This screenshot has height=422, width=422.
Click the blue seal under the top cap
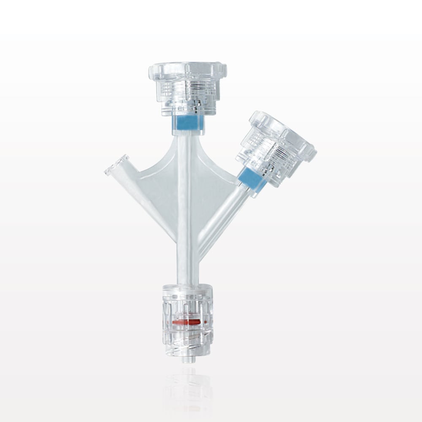(188, 123)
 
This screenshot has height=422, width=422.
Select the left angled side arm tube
(143, 198)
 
